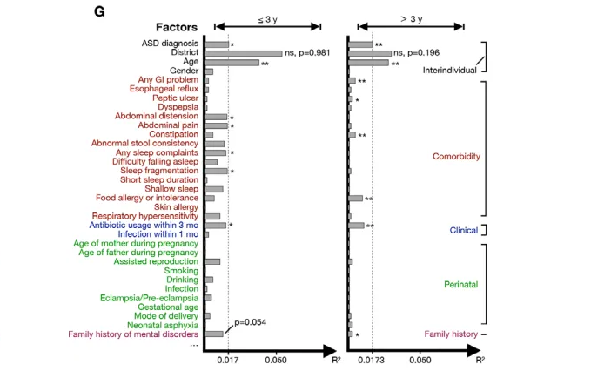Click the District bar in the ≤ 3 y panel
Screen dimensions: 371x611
click(x=243, y=53)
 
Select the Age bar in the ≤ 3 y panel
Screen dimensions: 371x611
click(x=232, y=63)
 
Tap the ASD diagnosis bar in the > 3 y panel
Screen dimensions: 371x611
click(x=360, y=44)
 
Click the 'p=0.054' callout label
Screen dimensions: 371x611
click(x=249, y=321)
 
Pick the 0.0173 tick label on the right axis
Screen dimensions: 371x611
click(x=373, y=359)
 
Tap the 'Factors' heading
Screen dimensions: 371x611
click(x=178, y=27)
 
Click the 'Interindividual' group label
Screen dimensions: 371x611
click(x=448, y=70)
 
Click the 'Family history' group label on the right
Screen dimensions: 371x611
click(x=450, y=334)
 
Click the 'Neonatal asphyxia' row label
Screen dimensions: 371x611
click(x=161, y=324)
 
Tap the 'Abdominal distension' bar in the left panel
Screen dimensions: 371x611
click(x=215, y=117)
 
